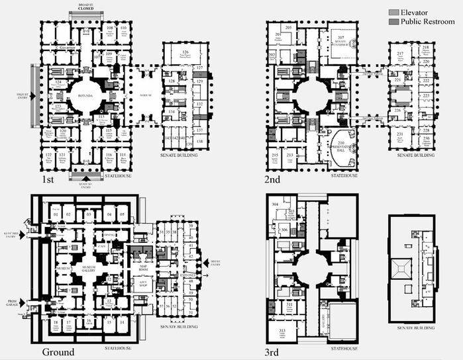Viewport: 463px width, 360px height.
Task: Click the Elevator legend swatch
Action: click(393, 13)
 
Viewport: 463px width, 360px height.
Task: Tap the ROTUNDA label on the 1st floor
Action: click(88, 95)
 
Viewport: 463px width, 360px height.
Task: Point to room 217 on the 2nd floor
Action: click(400, 55)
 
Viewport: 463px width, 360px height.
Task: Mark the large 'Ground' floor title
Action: click(58, 351)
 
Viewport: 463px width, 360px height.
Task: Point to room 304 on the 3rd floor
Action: click(274, 204)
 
